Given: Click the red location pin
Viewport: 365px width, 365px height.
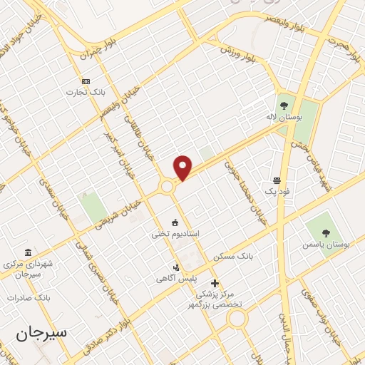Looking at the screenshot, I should tap(184, 168).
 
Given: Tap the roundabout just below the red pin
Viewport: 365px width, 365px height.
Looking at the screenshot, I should tap(167, 187).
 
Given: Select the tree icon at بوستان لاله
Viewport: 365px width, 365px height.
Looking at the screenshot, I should tap(284, 106).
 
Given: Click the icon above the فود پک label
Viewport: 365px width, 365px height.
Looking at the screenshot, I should tap(276, 179).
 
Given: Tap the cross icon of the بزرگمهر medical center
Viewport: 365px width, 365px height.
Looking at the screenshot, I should tap(215, 283).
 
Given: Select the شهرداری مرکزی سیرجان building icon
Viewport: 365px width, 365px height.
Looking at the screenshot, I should tap(28, 253).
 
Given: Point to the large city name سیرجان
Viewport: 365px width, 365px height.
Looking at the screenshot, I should tap(43, 334).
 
